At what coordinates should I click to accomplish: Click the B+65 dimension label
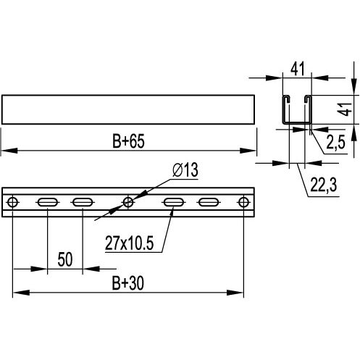[128, 141]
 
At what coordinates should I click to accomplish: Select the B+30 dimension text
[128, 283]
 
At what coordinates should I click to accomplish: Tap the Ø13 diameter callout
[185, 169]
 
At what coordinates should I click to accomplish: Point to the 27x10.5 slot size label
[130, 243]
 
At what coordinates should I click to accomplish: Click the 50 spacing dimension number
[65, 260]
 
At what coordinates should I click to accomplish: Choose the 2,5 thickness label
[336, 142]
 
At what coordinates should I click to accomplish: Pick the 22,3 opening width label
[324, 185]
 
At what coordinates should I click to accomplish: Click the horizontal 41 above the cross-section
[298, 69]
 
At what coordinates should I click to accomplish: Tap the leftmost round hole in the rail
[12, 202]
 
